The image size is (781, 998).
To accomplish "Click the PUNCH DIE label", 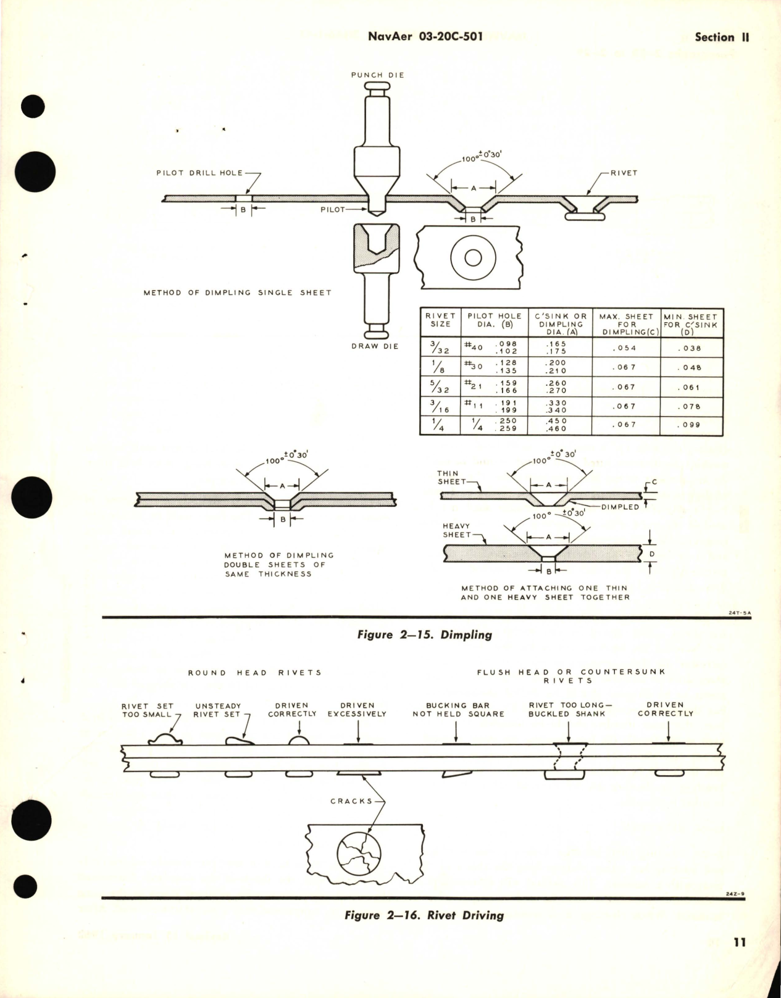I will (x=377, y=75).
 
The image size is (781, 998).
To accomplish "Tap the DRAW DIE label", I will (x=375, y=346).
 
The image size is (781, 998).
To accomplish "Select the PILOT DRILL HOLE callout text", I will (x=199, y=173).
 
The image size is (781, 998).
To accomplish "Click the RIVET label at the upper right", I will (x=623, y=173).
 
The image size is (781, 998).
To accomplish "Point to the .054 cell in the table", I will (x=626, y=348).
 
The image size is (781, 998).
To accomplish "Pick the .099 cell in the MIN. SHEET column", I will (x=691, y=425).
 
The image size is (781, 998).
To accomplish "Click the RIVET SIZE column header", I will (x=440, y=320).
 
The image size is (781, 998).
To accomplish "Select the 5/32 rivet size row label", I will (x=440, y=387).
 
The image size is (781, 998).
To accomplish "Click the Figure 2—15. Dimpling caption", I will (x=425, y=634).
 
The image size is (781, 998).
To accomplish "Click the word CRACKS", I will (x=351, y=801).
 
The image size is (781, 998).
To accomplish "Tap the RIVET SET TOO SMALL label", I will (x=147, y=710).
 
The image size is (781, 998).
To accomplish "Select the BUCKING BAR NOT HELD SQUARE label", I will (x=458, y=709).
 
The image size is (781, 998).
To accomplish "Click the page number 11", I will (x=740, y=942).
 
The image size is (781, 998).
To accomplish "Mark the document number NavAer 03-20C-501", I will (x=425, y=37).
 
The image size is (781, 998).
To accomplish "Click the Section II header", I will (x=721, y=37).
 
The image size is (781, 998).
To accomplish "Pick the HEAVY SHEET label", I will (x=456, y=530).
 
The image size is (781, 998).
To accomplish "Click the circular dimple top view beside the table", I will (x=473, y=257).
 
